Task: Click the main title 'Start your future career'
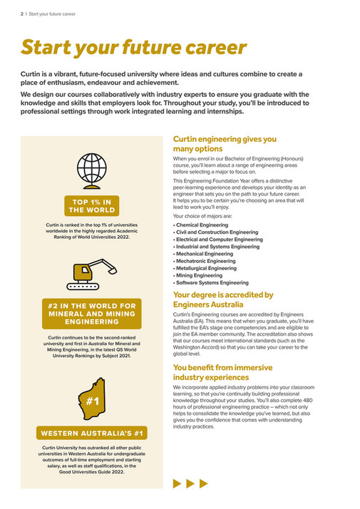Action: click(x=134, y=48)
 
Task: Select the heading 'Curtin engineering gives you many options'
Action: click(x=225, y=144)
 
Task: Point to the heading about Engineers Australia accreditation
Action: click(x=223, y=299)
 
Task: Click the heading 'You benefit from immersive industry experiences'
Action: click(x=222, y=372)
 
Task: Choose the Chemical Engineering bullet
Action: click(x=202, y=225)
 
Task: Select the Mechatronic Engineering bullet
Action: click(x=207, y=262)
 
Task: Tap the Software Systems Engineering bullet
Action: click(x=212, y=283)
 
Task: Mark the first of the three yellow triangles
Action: click(x=178, y=483)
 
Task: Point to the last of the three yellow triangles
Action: click(x=204, y=483)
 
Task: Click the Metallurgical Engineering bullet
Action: click(x=208, y=269)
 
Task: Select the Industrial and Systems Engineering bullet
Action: click(x=217, y=247)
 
